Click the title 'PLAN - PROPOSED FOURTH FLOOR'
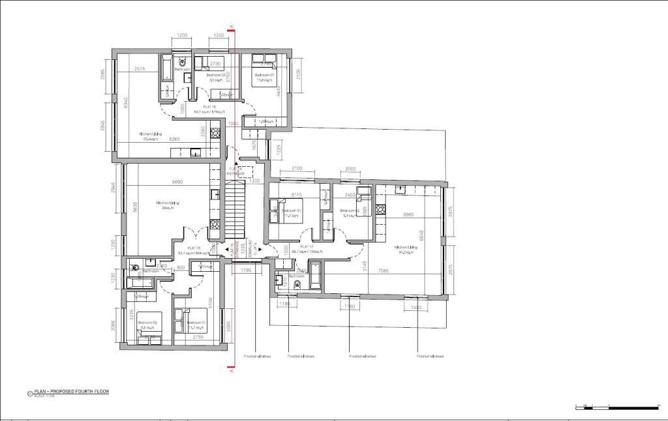[x=72, y=392]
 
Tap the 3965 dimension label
[x=410, y=214]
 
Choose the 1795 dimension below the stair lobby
[x=247, y=270]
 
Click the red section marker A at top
[x=232, y=29]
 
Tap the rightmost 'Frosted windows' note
[x=431, y=356]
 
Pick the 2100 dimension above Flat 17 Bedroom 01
[x=297, y=169]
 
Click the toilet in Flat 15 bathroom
[x=133, y=267]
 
